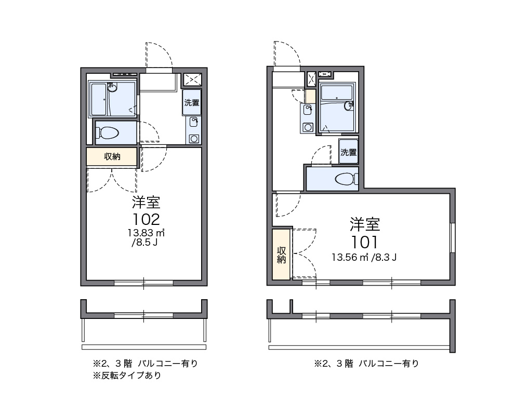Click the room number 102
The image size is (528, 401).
point(145,219)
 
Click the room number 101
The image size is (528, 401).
point(365,242)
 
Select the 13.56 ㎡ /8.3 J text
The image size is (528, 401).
point(364,257)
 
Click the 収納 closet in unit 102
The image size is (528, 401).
point(112,156)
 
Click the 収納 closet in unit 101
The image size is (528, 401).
point(282,254)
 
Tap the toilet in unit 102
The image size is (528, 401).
point(109,133)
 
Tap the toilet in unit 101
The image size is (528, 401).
point(347,179)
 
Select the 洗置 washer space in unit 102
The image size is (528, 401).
point(192,102)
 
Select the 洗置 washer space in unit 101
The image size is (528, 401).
point(349,152)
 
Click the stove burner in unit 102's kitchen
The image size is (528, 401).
point(194,138)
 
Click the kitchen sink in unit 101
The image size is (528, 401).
point(308,109)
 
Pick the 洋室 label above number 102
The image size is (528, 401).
point(146,202)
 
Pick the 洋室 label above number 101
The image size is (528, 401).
point(365,224)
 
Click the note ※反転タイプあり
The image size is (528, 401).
point(127,376)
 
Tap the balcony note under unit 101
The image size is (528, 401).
point(366,364)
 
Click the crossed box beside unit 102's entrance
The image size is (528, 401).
point(193,79)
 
